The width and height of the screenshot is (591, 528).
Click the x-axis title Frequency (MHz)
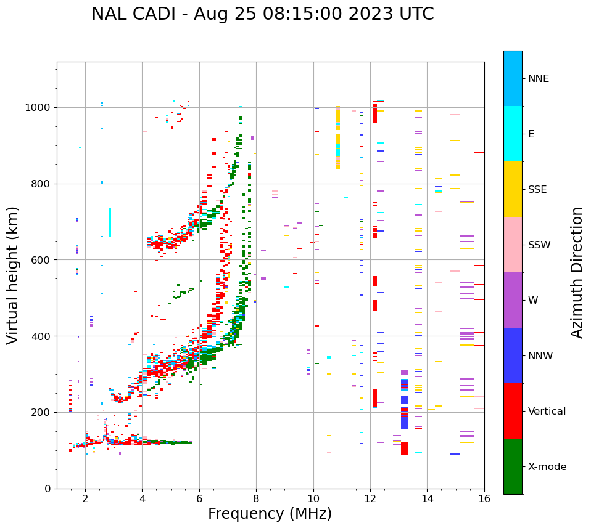click(x=270, y=514)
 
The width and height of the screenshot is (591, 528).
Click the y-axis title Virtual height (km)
click(x=13, y=275)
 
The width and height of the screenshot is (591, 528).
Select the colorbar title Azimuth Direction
click(x=577, y=272)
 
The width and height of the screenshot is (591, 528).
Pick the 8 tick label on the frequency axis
click(x=256, y=498)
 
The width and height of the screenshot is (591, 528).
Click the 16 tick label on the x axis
click(x=484, y=498)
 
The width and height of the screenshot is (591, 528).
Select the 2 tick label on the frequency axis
click(x=85, y=498)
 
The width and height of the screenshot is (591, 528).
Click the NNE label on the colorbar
click(x=538, y=79)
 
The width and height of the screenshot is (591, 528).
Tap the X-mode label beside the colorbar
click(x=547, y=467)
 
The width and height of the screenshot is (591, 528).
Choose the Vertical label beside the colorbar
click(x=547, y=412)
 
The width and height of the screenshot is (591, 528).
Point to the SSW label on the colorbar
click(x=539, y=245)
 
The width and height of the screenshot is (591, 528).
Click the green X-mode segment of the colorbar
click(x=513, y=466)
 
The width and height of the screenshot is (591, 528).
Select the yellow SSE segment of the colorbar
click(x=513, y=189)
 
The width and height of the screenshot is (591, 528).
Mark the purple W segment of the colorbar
click(x=513, y=300)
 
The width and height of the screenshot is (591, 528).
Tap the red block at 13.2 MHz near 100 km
click(x=404, y=449)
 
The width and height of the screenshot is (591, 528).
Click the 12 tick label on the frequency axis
click(x=370, y=498)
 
